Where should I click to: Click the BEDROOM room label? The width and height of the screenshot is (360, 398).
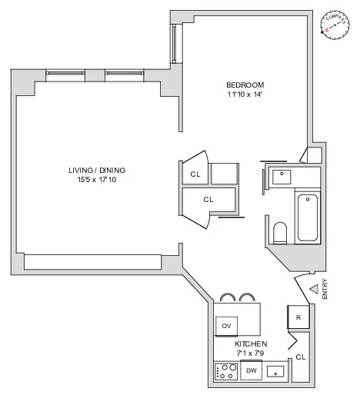245,85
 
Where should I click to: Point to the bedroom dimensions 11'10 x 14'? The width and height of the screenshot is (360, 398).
245,95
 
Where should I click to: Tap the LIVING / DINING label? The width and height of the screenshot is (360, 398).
96,170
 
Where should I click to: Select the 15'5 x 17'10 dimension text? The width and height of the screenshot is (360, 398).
96,179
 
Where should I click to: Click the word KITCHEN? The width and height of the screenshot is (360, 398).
251,343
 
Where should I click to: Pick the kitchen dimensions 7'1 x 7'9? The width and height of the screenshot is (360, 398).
251,353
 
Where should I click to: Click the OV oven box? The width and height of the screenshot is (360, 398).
226,326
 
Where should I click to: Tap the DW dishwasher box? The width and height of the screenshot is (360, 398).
250,371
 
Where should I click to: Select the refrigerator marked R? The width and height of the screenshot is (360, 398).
298,316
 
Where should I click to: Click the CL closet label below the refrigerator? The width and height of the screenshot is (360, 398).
300,357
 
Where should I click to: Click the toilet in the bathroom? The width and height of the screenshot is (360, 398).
280,232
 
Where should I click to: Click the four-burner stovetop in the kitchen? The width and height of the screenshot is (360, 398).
227,371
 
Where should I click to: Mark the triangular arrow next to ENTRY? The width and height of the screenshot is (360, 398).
313,288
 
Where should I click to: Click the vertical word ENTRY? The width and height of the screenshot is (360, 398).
326,288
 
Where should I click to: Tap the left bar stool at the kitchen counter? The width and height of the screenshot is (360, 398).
228,297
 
